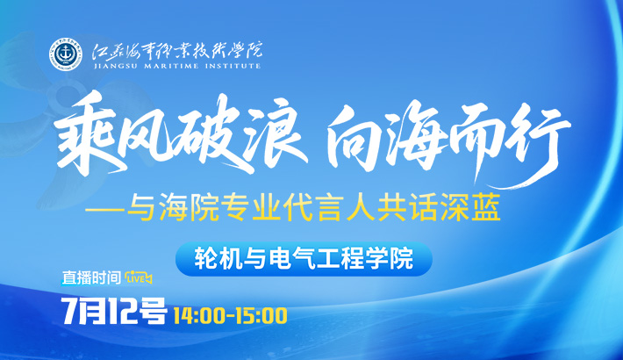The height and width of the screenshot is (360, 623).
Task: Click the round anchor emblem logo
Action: (65, 55)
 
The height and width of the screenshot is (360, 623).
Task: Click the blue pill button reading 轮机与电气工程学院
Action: (304, 259)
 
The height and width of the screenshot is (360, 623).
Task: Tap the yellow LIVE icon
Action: (138, 278)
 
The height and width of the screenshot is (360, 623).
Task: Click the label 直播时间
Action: (91, 277)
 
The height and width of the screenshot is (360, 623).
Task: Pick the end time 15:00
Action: (261, 315)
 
